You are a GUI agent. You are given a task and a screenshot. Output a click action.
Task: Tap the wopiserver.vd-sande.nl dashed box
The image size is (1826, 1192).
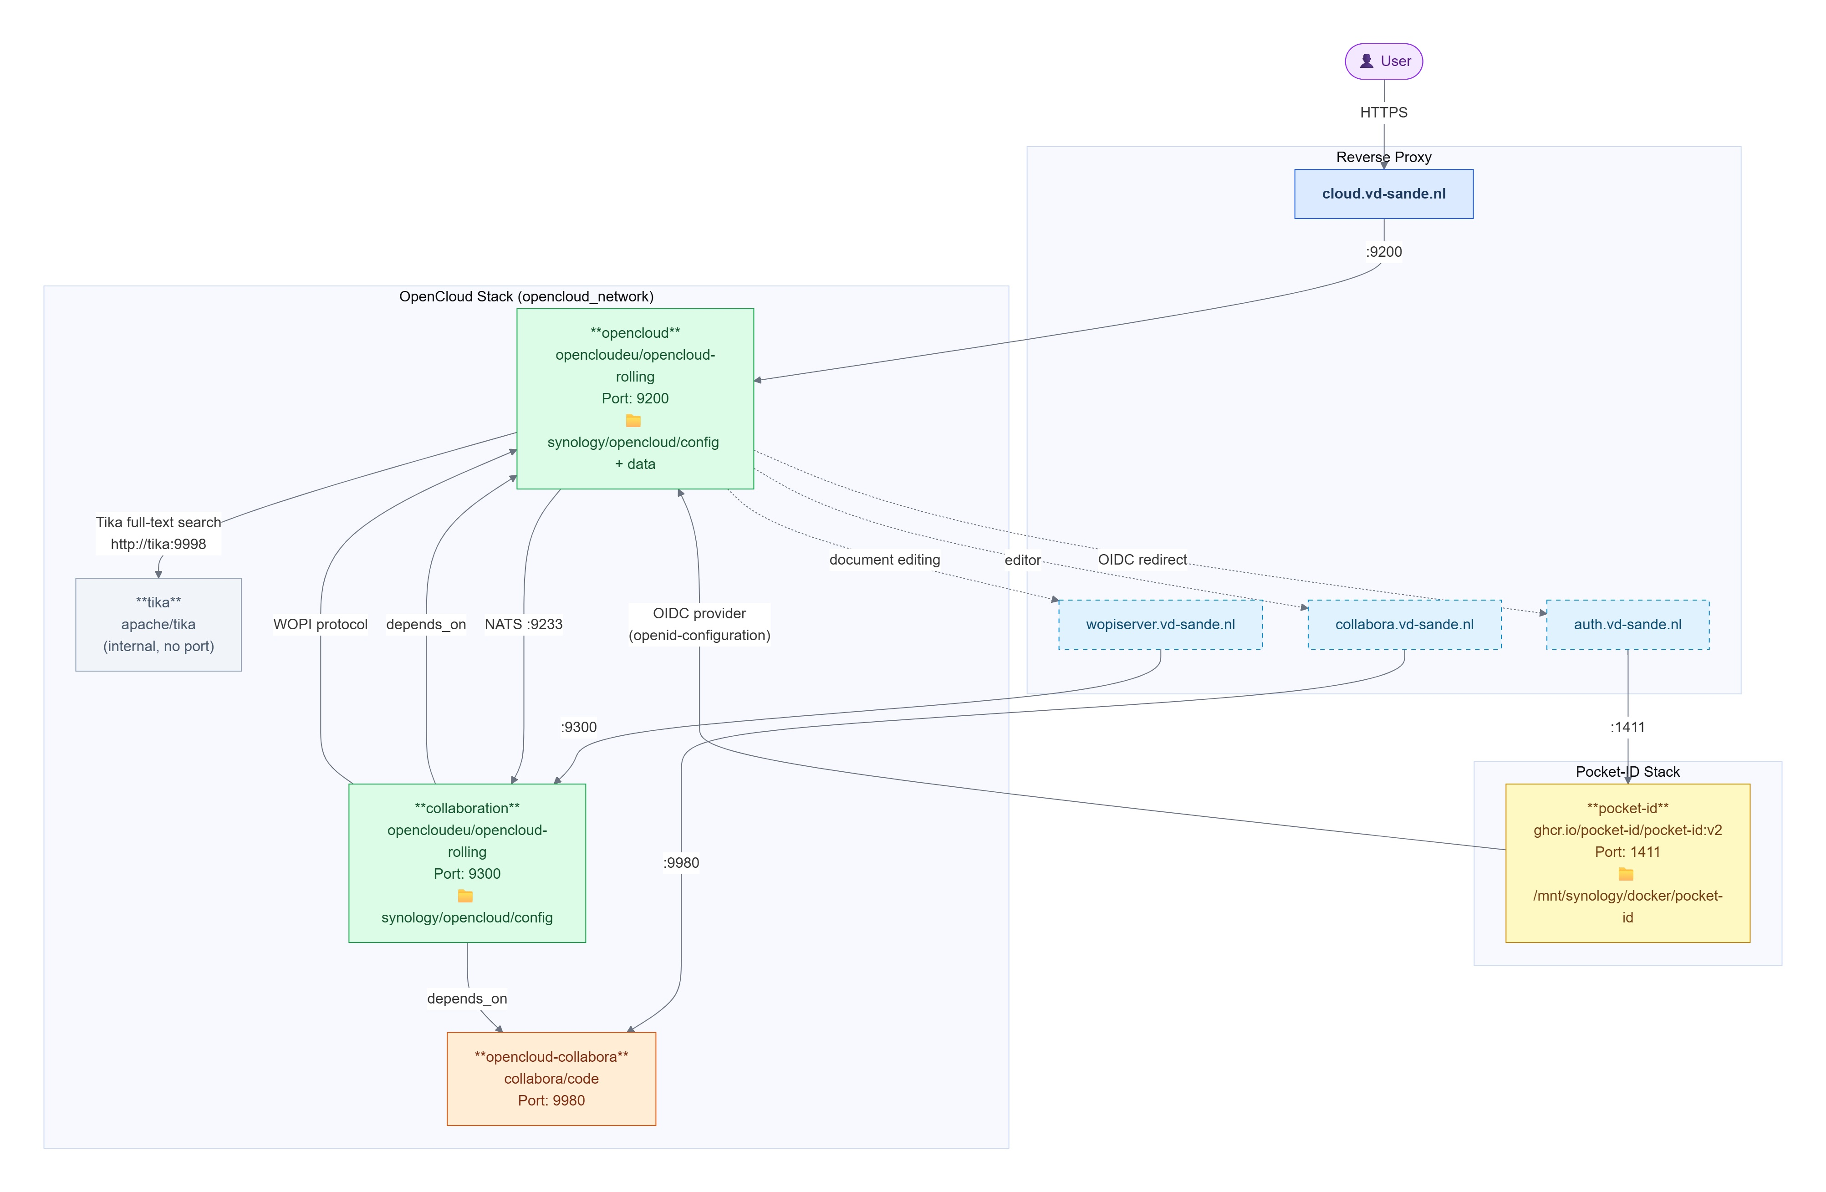pos(1160,624)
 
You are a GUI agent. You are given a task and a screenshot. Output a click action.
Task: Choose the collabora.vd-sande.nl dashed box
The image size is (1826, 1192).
pos(1404,624)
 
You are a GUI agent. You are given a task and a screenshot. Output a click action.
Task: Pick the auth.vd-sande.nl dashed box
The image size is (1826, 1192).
pos(1627,624)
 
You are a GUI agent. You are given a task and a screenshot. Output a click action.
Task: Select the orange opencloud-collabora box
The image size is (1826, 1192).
pos(551,1079)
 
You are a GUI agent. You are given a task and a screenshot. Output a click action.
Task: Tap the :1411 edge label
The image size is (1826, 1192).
pos(1627,727)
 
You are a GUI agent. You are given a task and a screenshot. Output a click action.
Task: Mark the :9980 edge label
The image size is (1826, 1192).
pos(681,863)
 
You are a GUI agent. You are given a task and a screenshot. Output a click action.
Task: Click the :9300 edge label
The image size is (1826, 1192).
pos(578,727)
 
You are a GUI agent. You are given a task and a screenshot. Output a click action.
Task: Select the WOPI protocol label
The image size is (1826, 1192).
pos(321,624)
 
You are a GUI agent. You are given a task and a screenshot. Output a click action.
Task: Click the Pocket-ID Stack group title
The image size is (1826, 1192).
pos(1627,772)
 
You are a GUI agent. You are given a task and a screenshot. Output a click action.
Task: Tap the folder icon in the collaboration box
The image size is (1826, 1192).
pos(465,896)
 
